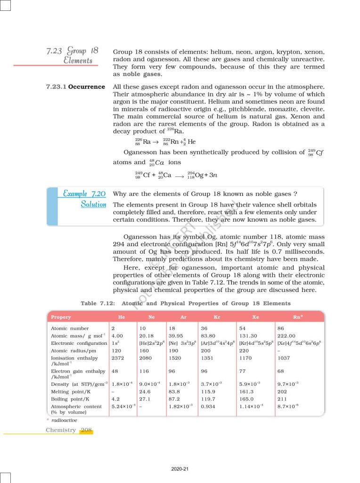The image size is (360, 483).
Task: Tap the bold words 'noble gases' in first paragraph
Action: click(142, 74)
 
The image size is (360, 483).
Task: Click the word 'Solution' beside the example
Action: click(93, 204)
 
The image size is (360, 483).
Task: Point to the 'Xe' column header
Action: click(256, 317)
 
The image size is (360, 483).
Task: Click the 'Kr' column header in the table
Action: click(217, 317)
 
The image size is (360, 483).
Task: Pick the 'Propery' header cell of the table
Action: click(61, 317)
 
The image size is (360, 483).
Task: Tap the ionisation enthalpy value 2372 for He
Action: click(117, 358)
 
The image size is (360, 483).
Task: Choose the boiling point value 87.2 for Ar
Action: click(173, 399)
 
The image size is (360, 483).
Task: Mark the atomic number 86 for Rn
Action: click(281, 328)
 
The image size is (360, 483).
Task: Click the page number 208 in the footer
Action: click(86, 430)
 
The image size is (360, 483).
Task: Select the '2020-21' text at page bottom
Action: click(180, 469)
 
